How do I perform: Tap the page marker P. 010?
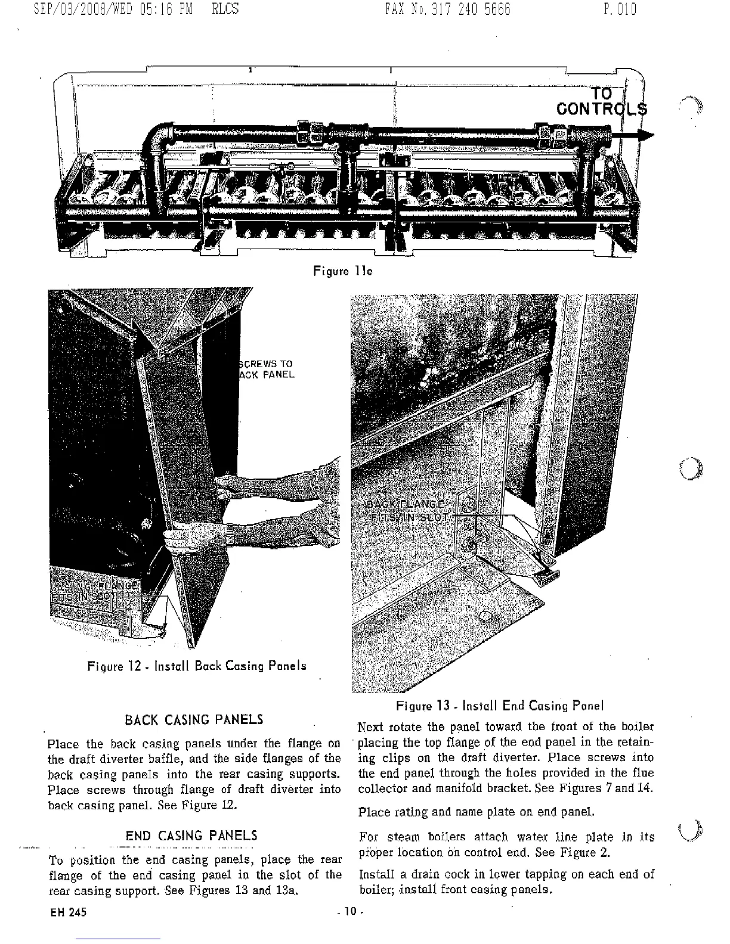click(620, 10)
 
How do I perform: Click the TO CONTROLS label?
click(601, 101)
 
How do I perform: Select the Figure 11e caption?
click(343, 271)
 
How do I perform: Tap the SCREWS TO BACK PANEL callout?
click(266, 369)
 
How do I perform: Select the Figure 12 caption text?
click(197, 666)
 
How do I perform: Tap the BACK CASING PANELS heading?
click(194, 719)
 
